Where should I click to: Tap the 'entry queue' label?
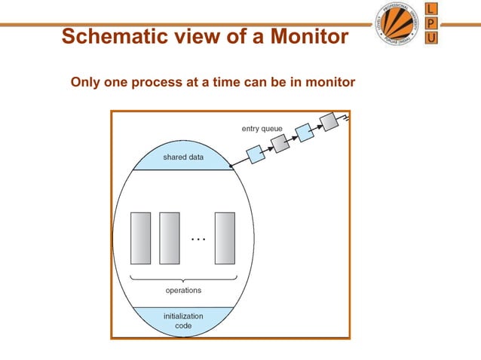262,129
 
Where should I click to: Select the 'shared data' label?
183,157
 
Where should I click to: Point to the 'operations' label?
183,289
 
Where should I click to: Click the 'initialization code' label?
182,321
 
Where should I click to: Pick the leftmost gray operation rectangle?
140,238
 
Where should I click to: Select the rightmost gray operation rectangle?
225,238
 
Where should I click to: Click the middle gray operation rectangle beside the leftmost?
170,238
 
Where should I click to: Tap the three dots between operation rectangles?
198,239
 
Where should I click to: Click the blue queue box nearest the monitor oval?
255,153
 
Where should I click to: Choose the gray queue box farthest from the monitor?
329,121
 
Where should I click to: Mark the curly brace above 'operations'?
182,278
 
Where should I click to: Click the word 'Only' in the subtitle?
84,81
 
